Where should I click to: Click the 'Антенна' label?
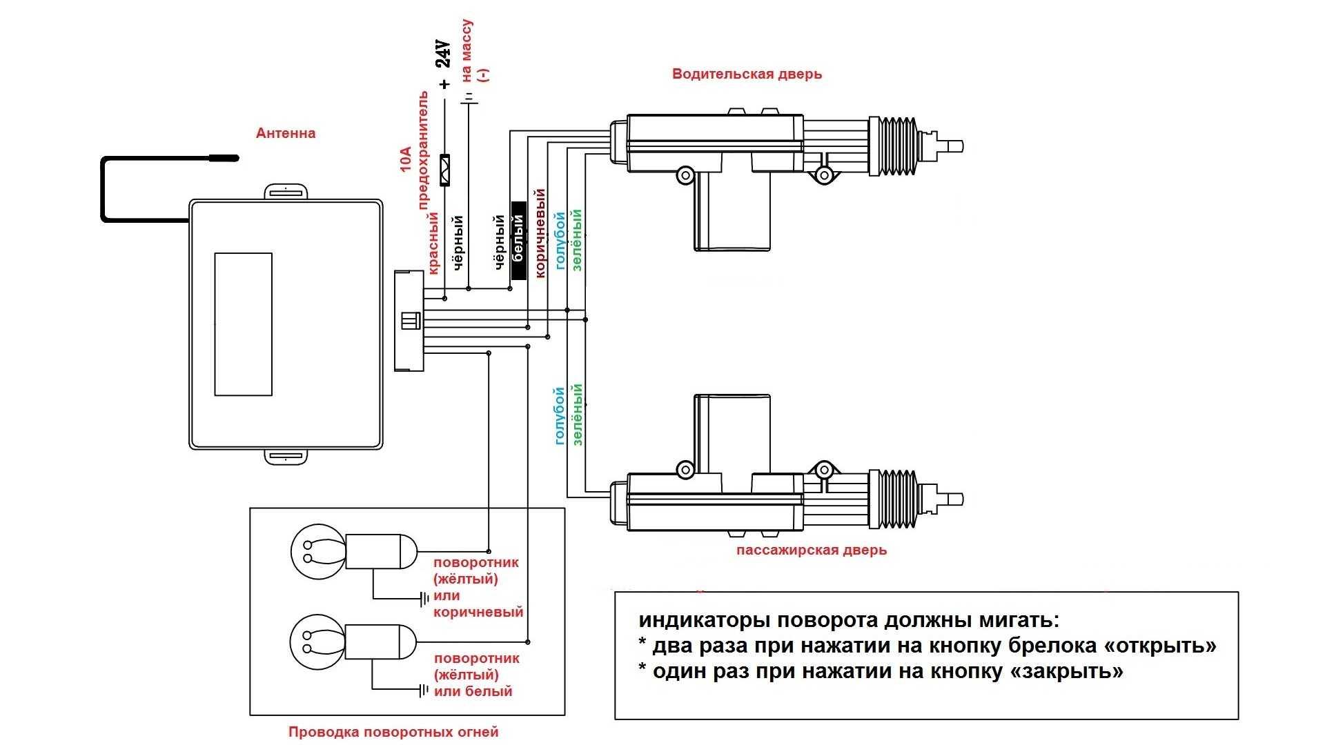point(285,133)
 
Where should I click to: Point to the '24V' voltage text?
point(444,53)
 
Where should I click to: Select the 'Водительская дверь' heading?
point(747,74)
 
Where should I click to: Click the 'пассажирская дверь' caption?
point(811,550)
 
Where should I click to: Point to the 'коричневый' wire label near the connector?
point(540,233)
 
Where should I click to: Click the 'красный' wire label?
point(433,243)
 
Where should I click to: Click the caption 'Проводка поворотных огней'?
point(393,732)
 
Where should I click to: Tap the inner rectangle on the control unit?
point(243,324)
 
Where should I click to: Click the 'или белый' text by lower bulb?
point(473,691)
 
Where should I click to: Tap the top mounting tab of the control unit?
point(286,192)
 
